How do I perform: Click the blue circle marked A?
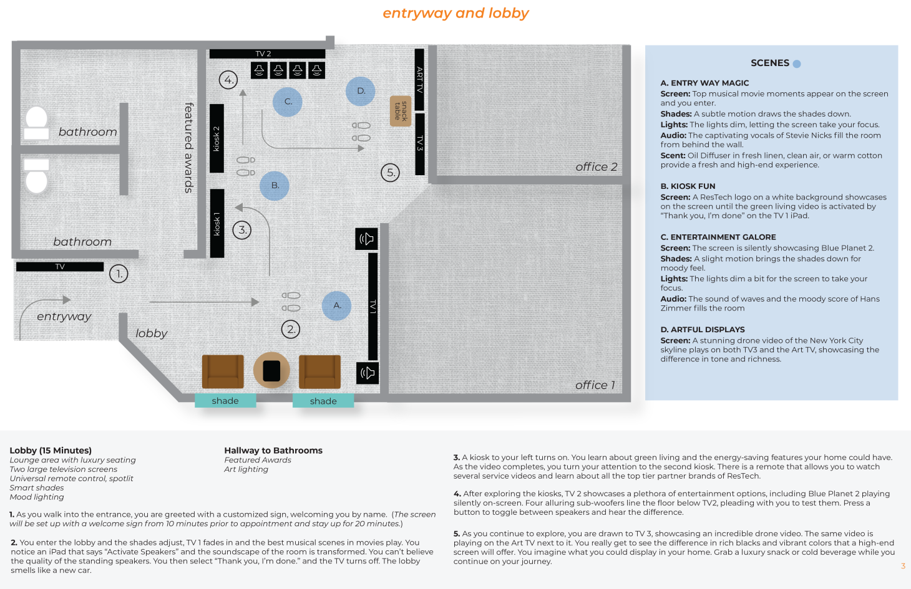(337, 305)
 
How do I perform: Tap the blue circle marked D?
(361, 91)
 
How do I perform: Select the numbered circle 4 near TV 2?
(228, 80)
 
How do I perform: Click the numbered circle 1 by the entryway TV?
(119, 274)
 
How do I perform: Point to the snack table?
(401, 111)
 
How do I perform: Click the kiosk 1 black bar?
(217, 223)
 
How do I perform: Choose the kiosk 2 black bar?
(217, 138)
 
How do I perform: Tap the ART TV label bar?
(419, 79)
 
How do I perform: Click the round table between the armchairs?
(271, 370)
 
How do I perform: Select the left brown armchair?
(223, 371)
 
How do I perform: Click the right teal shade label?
(323, 401)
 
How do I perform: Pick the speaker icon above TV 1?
(367, 239)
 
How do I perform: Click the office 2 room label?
(596, 167)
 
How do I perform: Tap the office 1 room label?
(595, 385)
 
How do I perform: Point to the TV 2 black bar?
(267, 54)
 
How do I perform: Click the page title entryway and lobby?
(455, 13)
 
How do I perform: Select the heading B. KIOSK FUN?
(688, 186)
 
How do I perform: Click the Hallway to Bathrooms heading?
(273, 450)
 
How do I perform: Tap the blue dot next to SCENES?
(797, 64)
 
